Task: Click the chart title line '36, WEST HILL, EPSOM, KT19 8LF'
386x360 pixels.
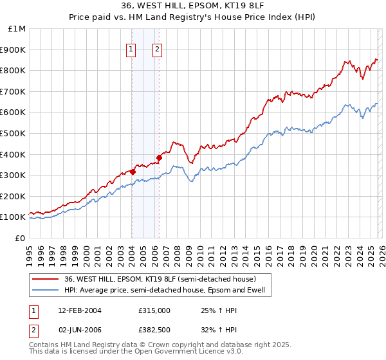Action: pyautogui.click(x=193, y=6)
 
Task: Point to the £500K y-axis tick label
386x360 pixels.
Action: pyautogui.click(x=14, y=133)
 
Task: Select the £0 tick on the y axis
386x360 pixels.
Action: pyautogui.click(x=21, y=238)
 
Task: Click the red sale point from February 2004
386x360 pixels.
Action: pyautogui.click(x=133, y=172)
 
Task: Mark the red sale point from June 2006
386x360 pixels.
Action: pyautogui.click(x=159, y=157)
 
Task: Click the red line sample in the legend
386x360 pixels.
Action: pyautogui.click(x=46, y=279)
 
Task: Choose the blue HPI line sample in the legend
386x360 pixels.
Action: pyautogui.click(x=46, y=290)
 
